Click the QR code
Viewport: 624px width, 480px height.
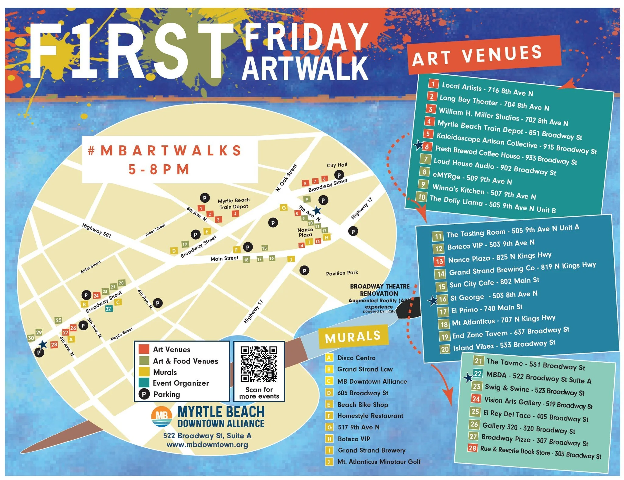click(x=259, y=364)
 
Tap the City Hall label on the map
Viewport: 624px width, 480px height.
click(x=337, y=165)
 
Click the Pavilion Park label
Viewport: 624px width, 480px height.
click(x=342, y=273)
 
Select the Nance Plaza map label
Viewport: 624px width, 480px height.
click(x=305, y=232)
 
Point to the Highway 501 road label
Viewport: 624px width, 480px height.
click(x=97, y=230)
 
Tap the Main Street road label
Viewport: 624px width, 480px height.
click(x=224, y=258)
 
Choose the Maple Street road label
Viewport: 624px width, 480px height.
click(x=121, y=334)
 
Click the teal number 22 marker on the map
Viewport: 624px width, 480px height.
click(x=108, y=309)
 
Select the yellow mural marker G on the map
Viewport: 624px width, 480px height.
click(x=284, y=208)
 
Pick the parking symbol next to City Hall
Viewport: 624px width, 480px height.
click(x=339, y=175)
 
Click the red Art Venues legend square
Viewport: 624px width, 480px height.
click(x=144, y=349)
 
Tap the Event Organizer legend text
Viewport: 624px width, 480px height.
click(x=181, y=383)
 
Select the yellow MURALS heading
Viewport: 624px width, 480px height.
click(x=353, y=337)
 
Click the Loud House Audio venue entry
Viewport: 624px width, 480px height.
click(x=495, y=167)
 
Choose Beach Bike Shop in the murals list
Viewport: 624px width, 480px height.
click(x=363, y=405)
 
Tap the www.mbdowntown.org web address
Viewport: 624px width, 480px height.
click(x=207, y=445)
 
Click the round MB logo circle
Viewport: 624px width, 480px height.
click(x=161, y=417)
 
